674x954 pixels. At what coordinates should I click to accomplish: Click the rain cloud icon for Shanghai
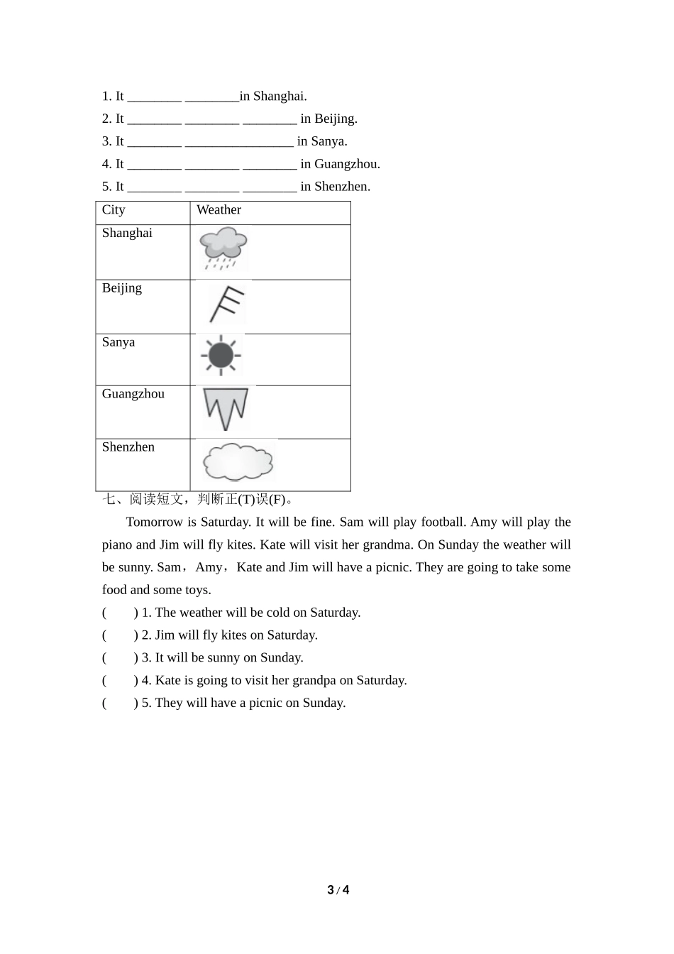(x=223, y=248)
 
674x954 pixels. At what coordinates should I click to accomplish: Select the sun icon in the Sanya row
(x=221, y=355)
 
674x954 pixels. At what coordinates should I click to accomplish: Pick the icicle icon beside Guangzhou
(x=226, y=409)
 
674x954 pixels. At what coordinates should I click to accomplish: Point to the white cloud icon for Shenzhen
(x=238, y=461)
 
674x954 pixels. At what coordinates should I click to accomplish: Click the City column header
(x=114, y=210)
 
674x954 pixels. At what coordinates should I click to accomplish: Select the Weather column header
(x=219, y=210)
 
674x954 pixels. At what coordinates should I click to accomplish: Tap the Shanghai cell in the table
(x=127, y=234)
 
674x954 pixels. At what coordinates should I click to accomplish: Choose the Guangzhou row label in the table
(x=133, y=394)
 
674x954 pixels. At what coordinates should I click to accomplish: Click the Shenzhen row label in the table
(x=128, y=447)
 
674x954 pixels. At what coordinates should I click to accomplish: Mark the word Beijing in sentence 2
(x=336, y=119)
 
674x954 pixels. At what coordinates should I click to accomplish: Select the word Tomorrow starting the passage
(x=155, y=522)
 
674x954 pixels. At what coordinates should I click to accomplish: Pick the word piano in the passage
(x=117, y=545)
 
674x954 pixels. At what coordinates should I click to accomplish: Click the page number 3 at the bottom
(x=331, y=890)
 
